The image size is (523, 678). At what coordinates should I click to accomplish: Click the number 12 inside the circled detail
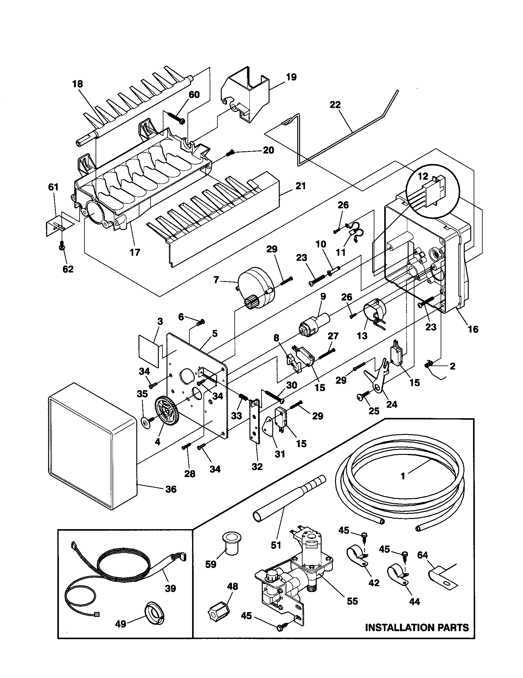(x=423, y=176)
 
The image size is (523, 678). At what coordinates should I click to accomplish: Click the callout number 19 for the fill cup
(x=291, y=77)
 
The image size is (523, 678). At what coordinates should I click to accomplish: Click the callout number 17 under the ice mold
(x=135, y=252)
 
